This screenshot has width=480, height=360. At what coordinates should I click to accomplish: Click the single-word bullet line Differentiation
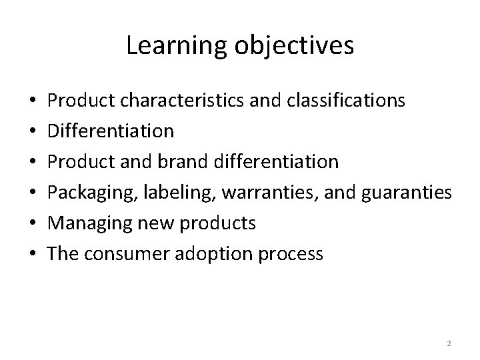coord(111,131)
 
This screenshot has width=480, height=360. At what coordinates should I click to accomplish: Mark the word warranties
coord(273,193)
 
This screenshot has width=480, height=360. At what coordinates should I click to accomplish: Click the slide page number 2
coord(449,343)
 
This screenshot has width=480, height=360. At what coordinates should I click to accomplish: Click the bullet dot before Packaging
coord(33,193)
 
